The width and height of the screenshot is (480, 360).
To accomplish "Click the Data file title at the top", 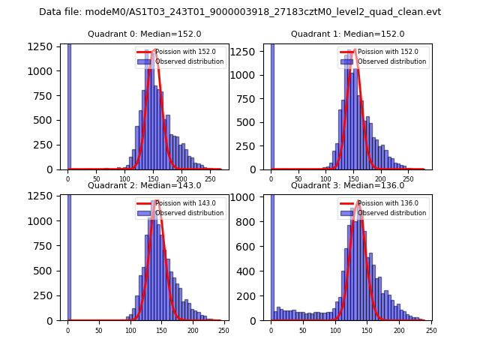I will pos(240,12).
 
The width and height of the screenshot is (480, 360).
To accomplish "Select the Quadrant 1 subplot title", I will pos(347,34).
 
